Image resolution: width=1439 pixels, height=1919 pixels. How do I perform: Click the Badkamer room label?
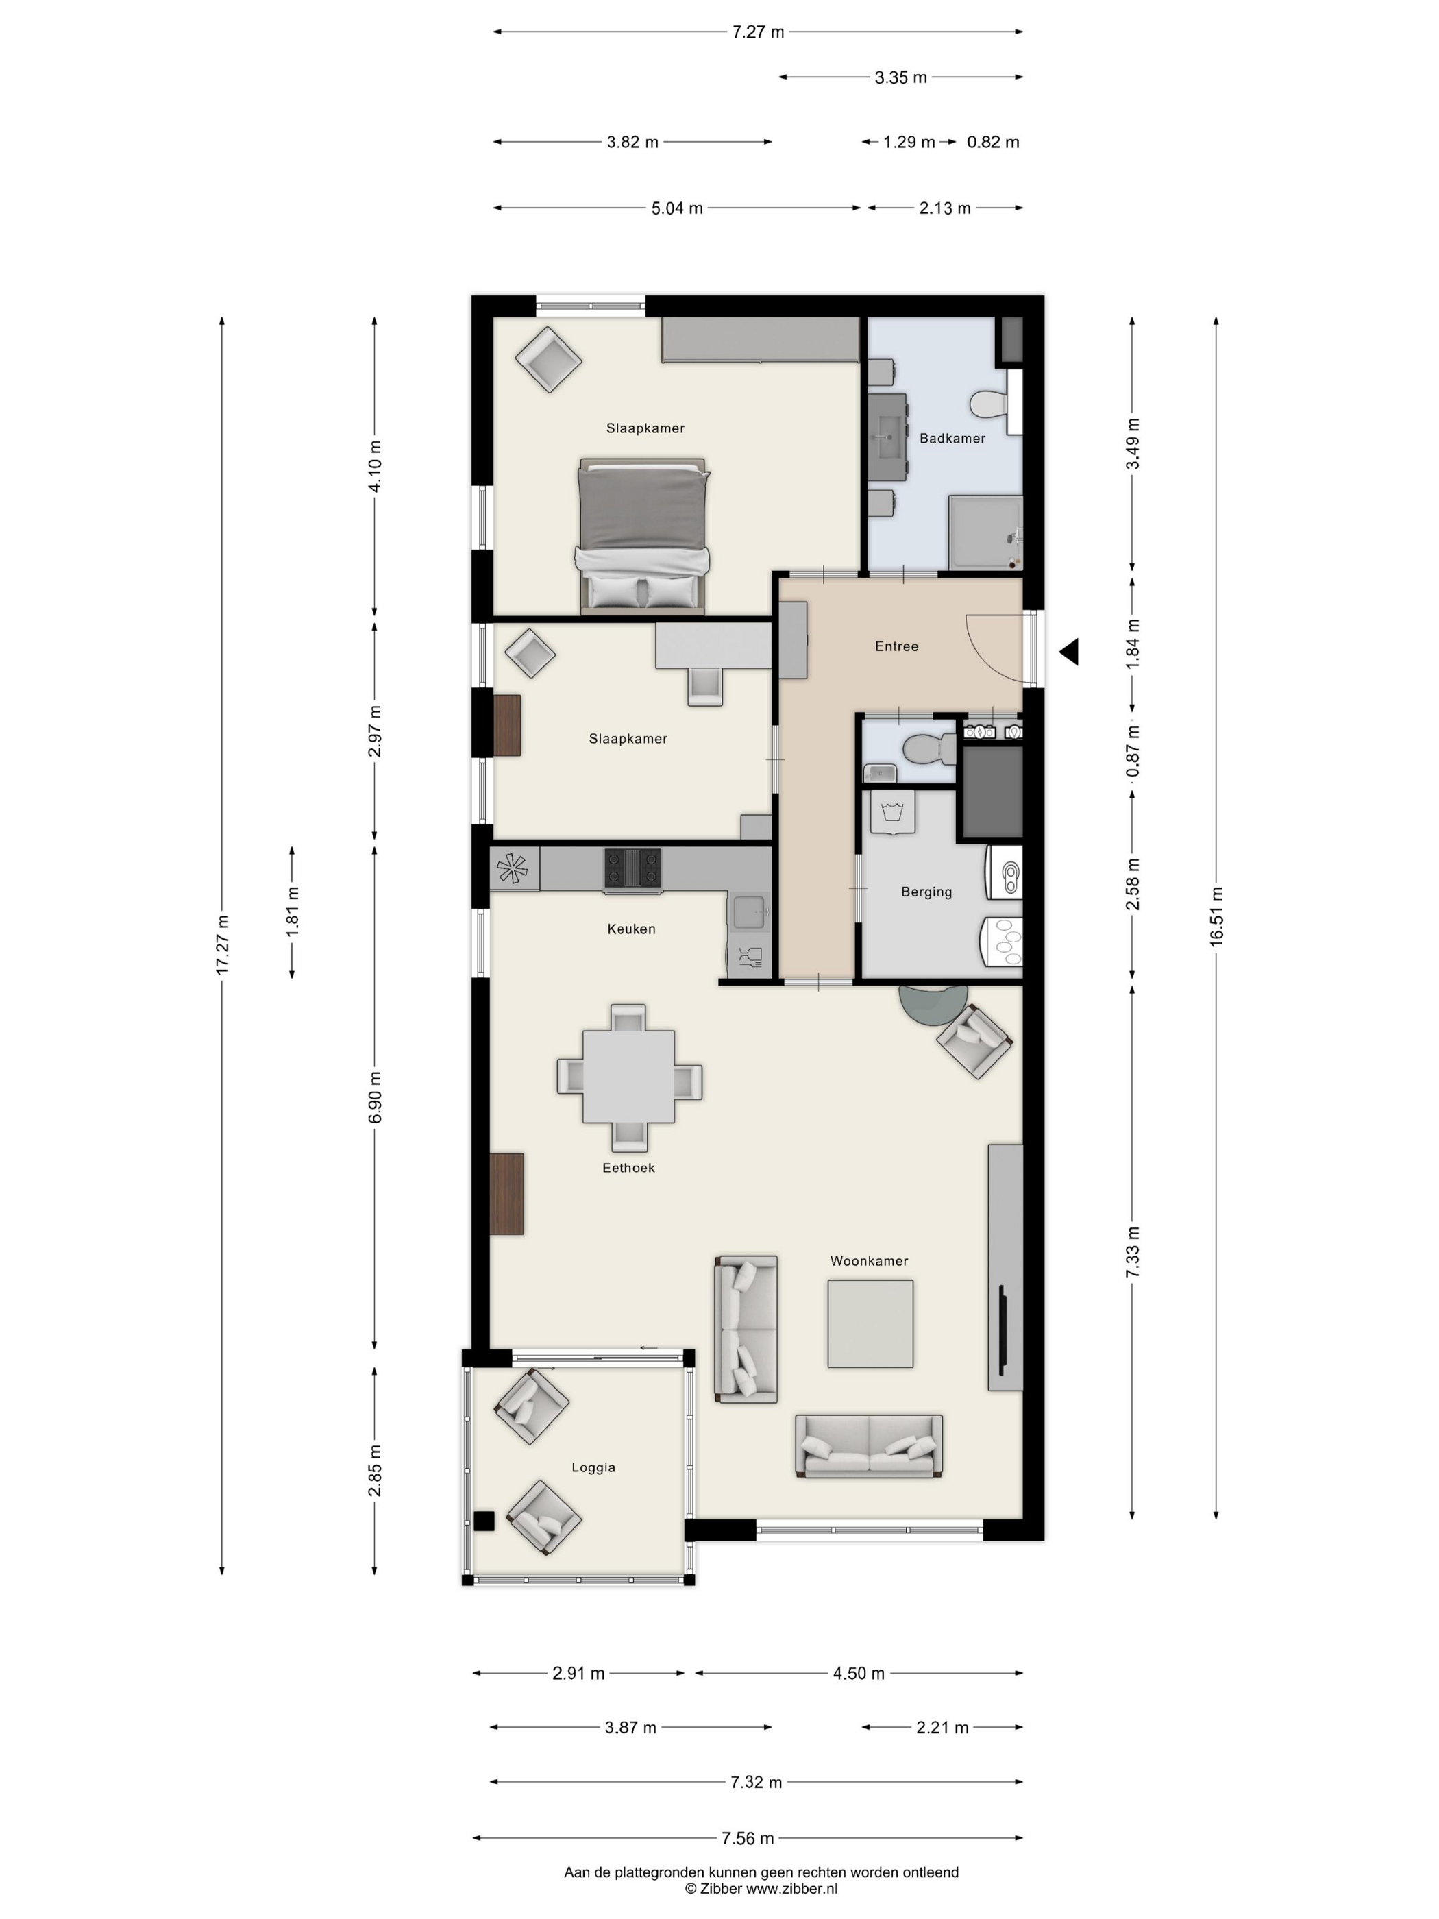coord(952,438)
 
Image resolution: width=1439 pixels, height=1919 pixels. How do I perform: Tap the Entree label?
coord(896,646)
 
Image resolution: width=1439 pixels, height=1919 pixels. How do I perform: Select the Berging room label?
coord(926,892)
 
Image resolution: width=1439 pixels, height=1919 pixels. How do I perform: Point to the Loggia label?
coord(593,1468)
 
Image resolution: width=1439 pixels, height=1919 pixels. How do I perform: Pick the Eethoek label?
coord(628,1168)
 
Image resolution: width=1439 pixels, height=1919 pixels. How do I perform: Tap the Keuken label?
coord(630,929)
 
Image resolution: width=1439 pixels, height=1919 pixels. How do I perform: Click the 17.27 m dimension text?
coord(222,944)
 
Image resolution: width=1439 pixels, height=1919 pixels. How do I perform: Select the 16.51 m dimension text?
coord(1216,917)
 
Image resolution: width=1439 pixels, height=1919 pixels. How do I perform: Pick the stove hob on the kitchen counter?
coord(632,869)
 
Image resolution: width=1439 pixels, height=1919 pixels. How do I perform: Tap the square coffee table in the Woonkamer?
coord(870,1324)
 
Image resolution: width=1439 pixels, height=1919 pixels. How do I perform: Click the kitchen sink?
coord(748,913)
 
